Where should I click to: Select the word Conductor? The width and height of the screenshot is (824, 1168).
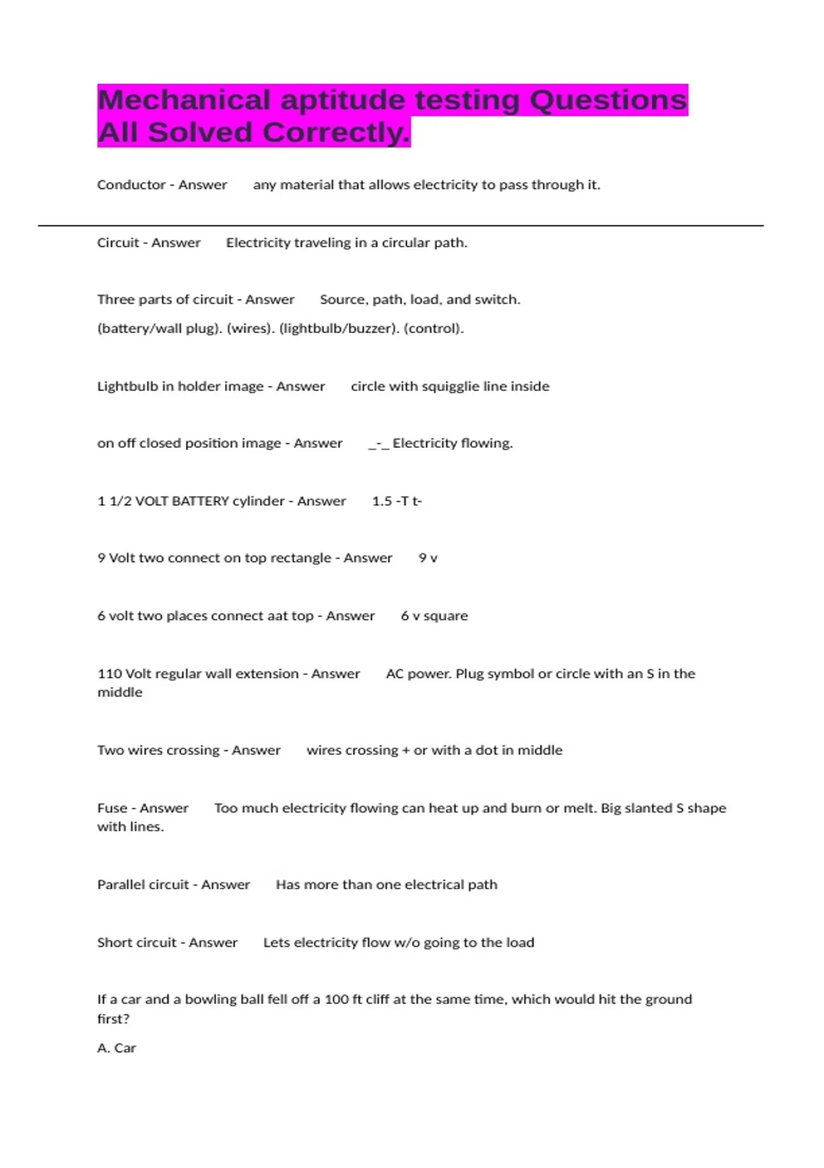click(131, 185)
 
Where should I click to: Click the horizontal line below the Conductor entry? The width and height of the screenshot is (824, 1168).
click(400, 225)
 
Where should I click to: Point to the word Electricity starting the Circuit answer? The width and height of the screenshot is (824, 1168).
click(258, 243)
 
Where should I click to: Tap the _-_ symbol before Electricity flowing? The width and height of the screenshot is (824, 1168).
click(378, 444)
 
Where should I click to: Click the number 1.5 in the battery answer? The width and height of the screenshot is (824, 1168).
click(382, 501)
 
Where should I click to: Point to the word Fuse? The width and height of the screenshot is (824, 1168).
click(112, 808)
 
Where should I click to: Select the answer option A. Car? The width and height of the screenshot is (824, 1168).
click(117, 1048)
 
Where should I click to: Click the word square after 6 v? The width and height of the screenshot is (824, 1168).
click(446, 616)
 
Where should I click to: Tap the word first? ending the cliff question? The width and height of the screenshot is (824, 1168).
click(113, 1018)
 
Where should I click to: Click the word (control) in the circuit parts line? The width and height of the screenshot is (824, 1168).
click(433, 328)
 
